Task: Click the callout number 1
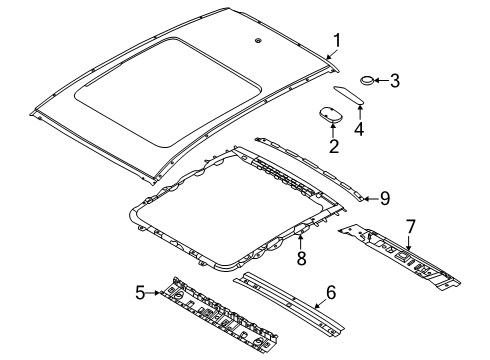click(x=337, y=41)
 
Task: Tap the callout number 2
click(x=334, y=146)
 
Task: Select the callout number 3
click(x=395, y=81)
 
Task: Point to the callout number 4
click(x=359, y=129)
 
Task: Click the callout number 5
click(x=140, y=293)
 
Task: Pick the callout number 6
click(x=331, y=292)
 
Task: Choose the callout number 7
click(x=411, y=227)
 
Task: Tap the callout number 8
click(x=301, y=258)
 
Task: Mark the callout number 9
click(x=385, y=199)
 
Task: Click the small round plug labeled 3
click(x=367, y=81)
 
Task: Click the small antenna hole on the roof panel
click(x=258, y=41)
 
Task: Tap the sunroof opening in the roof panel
click(x=168, y=91)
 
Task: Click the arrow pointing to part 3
click(x=382, y=80)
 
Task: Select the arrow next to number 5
click(x=153, y=293)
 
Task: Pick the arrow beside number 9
click(x=371, y=199)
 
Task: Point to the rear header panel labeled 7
click(x=399, y=257)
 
